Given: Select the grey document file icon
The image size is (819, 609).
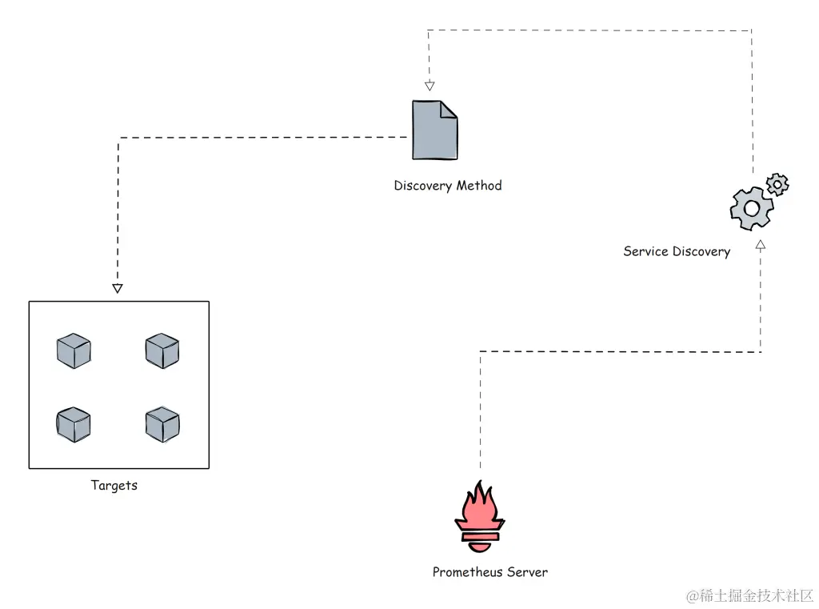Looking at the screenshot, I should coord(434,130).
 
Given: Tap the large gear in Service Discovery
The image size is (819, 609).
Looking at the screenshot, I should coord(751,208).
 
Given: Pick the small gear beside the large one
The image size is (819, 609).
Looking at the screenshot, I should coord(777,185).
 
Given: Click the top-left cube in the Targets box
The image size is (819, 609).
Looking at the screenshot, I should coord(74,351).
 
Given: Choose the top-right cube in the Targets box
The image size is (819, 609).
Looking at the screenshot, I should coord(162,351).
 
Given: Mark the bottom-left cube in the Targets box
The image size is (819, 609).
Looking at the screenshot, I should coord(74,425).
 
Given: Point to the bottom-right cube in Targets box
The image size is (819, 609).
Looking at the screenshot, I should coord(162,425).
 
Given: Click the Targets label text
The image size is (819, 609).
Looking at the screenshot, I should coord(114,485).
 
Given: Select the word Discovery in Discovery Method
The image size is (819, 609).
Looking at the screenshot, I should coord(422,186).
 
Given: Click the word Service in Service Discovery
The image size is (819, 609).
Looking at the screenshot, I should coord(645,251).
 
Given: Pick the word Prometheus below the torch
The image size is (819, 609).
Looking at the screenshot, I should coord(467,572).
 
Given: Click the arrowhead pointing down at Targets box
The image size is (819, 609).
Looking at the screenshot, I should coord(118,288).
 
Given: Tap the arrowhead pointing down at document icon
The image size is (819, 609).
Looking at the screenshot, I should coord(429,86).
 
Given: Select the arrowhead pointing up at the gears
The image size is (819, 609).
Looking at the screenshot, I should coord(761,244).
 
